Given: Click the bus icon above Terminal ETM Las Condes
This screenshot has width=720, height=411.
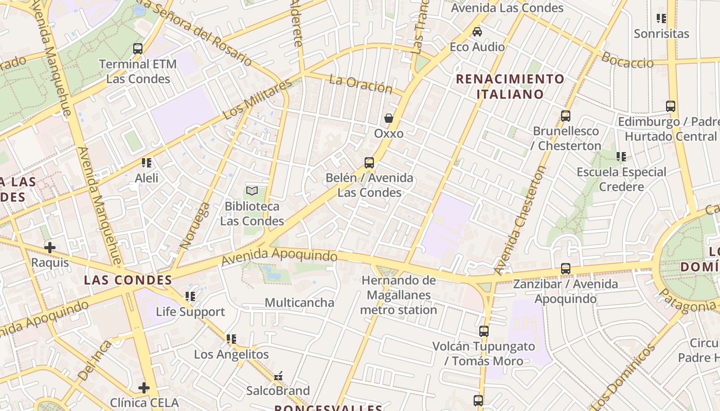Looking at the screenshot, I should pyautogui.click(x=138, y=49).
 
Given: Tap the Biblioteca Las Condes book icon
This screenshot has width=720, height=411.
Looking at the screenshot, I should pyautogui.click(x=251, y=191).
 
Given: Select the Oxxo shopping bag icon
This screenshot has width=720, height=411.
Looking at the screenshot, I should pyautogui.click(x=389, y=118).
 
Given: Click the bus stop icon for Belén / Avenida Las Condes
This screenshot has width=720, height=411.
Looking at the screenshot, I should pyautogui.click(x=369, y=163).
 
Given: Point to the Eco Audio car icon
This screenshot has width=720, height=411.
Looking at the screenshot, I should pyautogui.click(x=477, y=32).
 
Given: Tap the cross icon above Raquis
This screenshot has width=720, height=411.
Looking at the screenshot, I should pyautogui.click(x=50, y=248).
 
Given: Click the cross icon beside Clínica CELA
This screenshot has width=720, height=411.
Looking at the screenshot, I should pyautogui.click(x=144, y=387).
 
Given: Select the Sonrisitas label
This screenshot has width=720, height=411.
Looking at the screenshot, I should pyautogui.click(x=661, y=34).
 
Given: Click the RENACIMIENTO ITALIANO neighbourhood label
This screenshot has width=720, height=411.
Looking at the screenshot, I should pyautogui.click(x=510, y=86).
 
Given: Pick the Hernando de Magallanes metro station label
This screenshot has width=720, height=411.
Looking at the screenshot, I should pyautogui.click(x=399, y=295).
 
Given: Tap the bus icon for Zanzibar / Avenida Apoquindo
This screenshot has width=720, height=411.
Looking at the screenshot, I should pyautogui.click(x=566, y=269).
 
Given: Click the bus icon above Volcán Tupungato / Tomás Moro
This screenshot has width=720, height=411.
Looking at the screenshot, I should pyautogui.click(x=483, y=331).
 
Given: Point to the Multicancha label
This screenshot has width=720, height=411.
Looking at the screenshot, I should pyautogui.click(x=299, y=303).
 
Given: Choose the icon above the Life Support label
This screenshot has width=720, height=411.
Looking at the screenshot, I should pyautogui.click(x=190, y=296).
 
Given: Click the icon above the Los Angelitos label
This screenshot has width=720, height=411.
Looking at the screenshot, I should pyautogui.click(x=231, y=339).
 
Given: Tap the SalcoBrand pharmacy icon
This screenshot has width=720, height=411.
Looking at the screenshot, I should pyautogui.click(x=278, y=377).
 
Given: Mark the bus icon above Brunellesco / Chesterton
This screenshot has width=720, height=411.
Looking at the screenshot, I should pyautogui.click(x=566, y=116).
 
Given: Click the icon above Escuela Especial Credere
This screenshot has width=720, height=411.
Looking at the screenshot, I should pyautogui.click(x=621, y=157).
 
